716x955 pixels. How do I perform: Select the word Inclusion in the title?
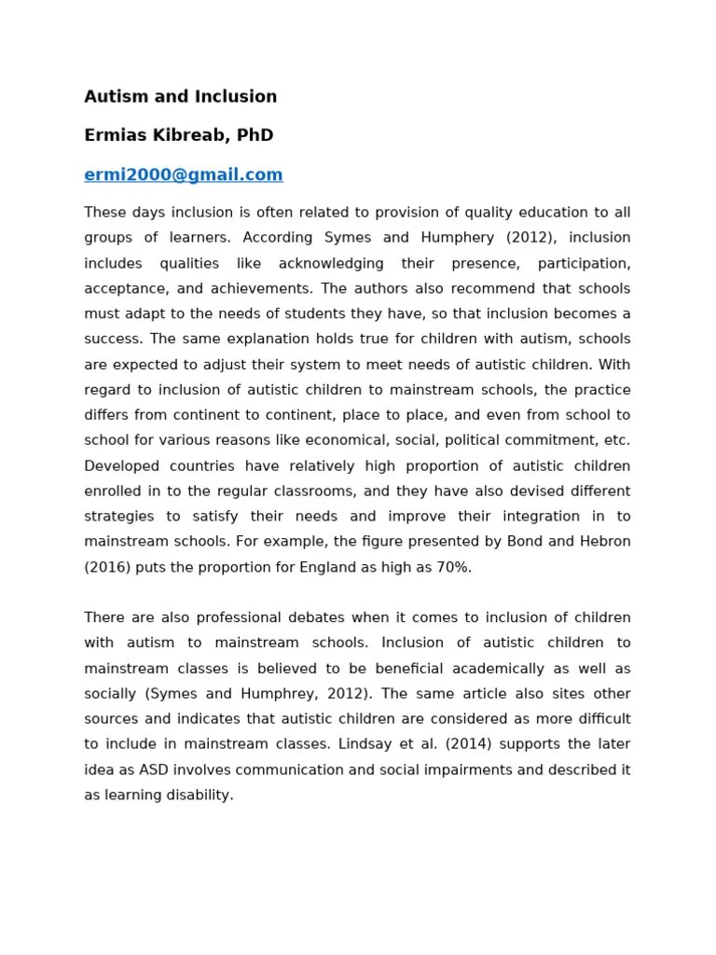pos(235,96)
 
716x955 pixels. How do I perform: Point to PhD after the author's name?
pos(255,135)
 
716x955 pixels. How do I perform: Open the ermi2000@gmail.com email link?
pos(184,174)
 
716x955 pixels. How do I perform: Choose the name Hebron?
pos(603,542)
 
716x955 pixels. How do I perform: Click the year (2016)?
pos(108,567)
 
